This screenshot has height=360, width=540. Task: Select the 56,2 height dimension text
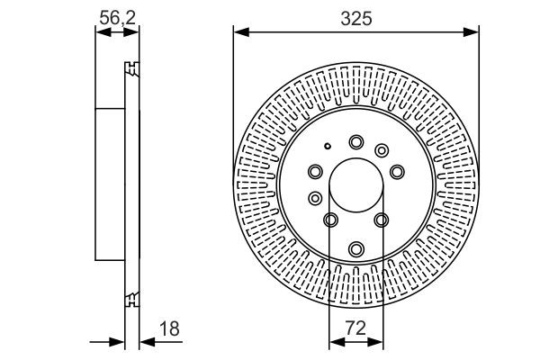[117, 16]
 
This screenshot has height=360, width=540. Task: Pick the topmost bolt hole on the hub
[356, 140]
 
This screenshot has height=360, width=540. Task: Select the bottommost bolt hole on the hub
[356, 247]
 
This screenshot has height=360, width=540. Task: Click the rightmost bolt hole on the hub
[397, 170]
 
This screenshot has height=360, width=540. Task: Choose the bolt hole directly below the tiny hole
[315, 171]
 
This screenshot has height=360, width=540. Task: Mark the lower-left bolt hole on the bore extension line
[330, 220]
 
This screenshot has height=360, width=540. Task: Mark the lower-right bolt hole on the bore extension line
[382, 220]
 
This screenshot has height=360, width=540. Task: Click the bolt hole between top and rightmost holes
[382, 149]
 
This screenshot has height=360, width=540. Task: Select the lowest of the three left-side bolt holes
[314, 198]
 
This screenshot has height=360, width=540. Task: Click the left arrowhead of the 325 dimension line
[238, 33]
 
